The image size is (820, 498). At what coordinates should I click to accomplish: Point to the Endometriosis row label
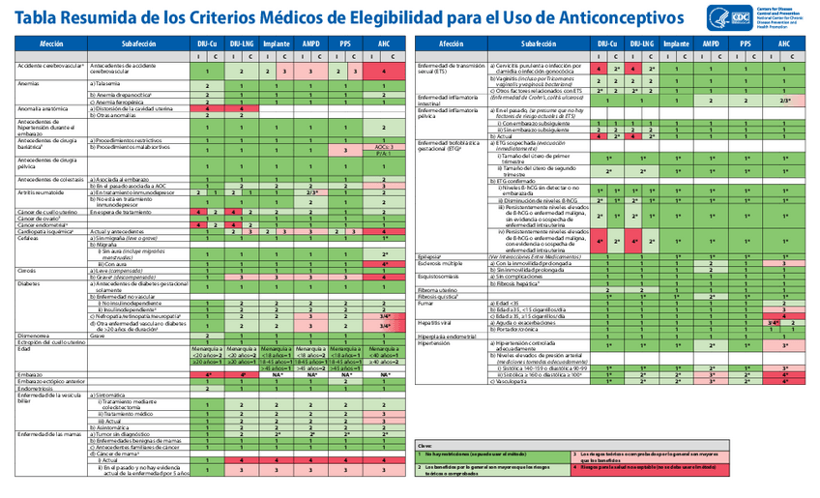39,389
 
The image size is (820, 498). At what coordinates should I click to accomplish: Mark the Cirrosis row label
29,271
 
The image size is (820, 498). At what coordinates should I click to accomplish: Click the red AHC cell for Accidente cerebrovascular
384,72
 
